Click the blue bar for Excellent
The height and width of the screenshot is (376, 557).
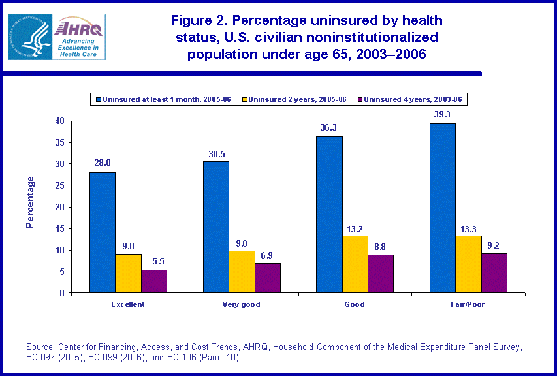point(103,232)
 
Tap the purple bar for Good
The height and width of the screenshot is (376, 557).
point(380,274)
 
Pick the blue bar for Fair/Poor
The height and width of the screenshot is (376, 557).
point(442,208)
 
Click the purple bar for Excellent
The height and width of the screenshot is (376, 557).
point(154,281)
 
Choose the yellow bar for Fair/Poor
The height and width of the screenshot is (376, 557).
point(468,264)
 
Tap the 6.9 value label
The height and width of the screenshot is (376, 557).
point(267,253)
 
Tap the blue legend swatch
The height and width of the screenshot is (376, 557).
point(99,99)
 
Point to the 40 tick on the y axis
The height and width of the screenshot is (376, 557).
point(59,121)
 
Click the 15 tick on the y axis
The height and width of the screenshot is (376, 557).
point(59,228)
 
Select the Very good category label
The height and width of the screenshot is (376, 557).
point(241,304)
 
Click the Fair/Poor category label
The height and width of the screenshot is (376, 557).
point(468,304)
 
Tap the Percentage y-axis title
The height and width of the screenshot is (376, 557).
point(30,202)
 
